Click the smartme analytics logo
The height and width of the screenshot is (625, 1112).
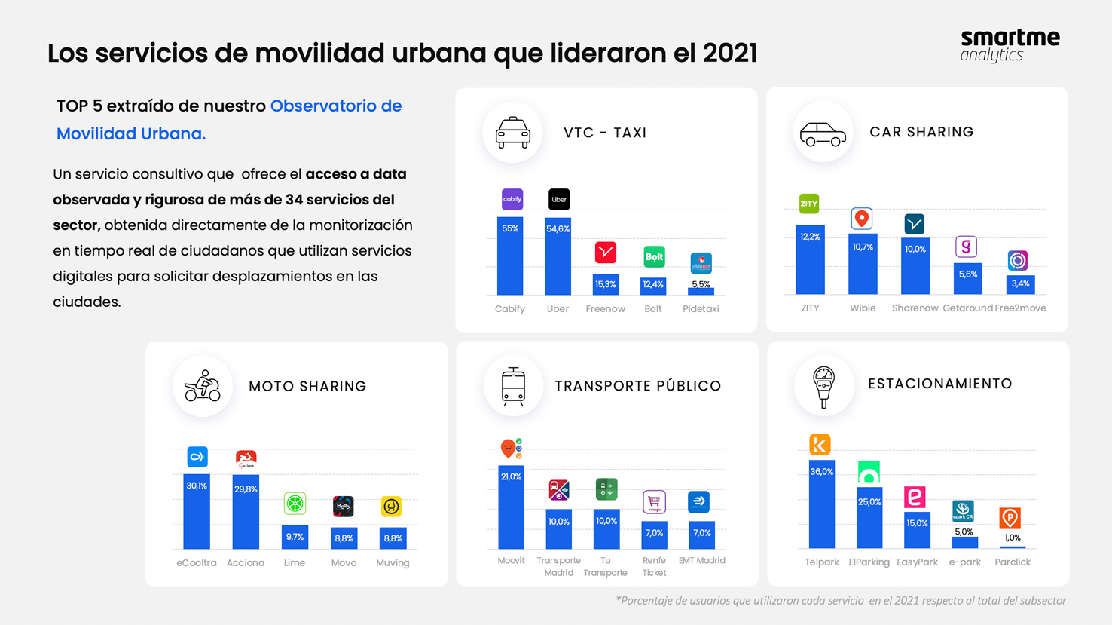pyautogui.click(x=1010, y=45)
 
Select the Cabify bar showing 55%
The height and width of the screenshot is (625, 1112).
pyautogui.click(x=510, y=256)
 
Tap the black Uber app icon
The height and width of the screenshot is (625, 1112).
pyautogui.click(x=559, y=200)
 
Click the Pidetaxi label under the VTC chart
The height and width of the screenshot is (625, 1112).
pyautogui.click(x=701, y=309)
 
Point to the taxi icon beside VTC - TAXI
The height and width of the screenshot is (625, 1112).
pyautogui.click(x=512, y=133)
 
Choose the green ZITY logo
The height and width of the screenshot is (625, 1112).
pyautogui.click(x=809, y=204)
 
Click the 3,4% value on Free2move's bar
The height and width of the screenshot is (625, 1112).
pyautogui.click(x=1020, y=284)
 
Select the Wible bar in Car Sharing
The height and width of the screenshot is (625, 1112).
pyautogui.click(x=863, y=264)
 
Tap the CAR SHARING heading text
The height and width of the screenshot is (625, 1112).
pyautogui.click(x=921, y=132)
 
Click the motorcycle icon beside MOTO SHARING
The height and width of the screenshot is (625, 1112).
pyautogui.click(x=202, y=386)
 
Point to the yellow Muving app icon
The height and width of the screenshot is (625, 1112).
pyautogui.click(x=391, y=507)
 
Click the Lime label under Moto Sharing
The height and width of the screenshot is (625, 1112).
pyautogui.click(x=295, y=563)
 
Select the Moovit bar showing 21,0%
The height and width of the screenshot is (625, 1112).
pyautogui.click(x=511, y=507)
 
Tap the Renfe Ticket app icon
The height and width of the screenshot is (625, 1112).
pyautogui.click(x=654, y=502)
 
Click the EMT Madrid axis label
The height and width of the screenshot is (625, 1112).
pyautogui.click(x=701, y=561)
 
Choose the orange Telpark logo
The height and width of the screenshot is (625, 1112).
pyautogui.click(x=820, y=445)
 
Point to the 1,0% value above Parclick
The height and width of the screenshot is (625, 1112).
pyautogui.click(x=1013, y=538)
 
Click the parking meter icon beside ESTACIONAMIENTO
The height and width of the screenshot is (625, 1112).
pyautogui.click(x=823, y=386)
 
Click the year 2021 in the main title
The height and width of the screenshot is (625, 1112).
pyautogui.click(x=729, y=54)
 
